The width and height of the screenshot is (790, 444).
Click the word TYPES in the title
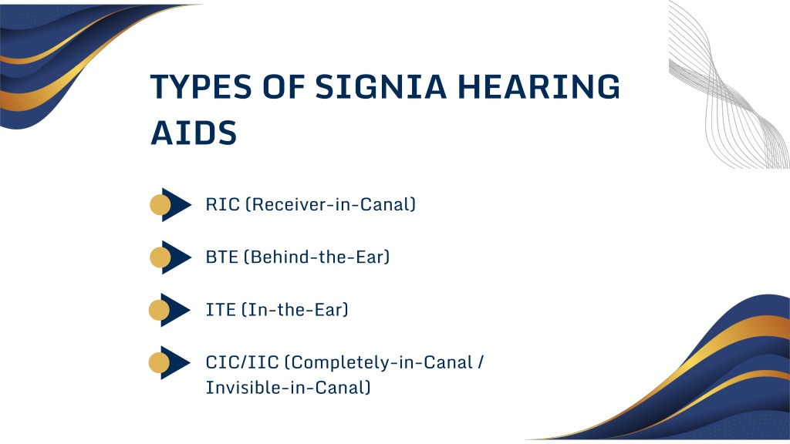pos(201,86)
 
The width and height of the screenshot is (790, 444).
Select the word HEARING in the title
pos(538,86)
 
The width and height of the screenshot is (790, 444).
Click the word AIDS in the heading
pos(194,133)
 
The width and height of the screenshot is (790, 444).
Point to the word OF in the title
pos(284,86)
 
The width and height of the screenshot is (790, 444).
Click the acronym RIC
pos(223,204)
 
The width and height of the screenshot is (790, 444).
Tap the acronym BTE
pos(221,257)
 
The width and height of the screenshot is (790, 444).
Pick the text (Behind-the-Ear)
pos(317,257)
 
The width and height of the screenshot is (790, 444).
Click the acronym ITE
pos(221,310)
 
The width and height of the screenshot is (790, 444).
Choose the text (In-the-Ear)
pos(295,310)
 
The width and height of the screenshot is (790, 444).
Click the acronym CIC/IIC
pos(242,362)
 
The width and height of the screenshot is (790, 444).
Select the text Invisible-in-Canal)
pos(289,388)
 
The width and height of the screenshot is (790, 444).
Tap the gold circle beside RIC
pos(160,205)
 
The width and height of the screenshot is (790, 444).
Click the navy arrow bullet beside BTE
pos(177,257)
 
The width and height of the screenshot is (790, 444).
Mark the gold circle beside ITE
pos(159,310)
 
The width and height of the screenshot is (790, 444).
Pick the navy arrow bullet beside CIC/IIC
pos(175,362)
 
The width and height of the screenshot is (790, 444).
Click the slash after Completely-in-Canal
pos(480,362)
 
